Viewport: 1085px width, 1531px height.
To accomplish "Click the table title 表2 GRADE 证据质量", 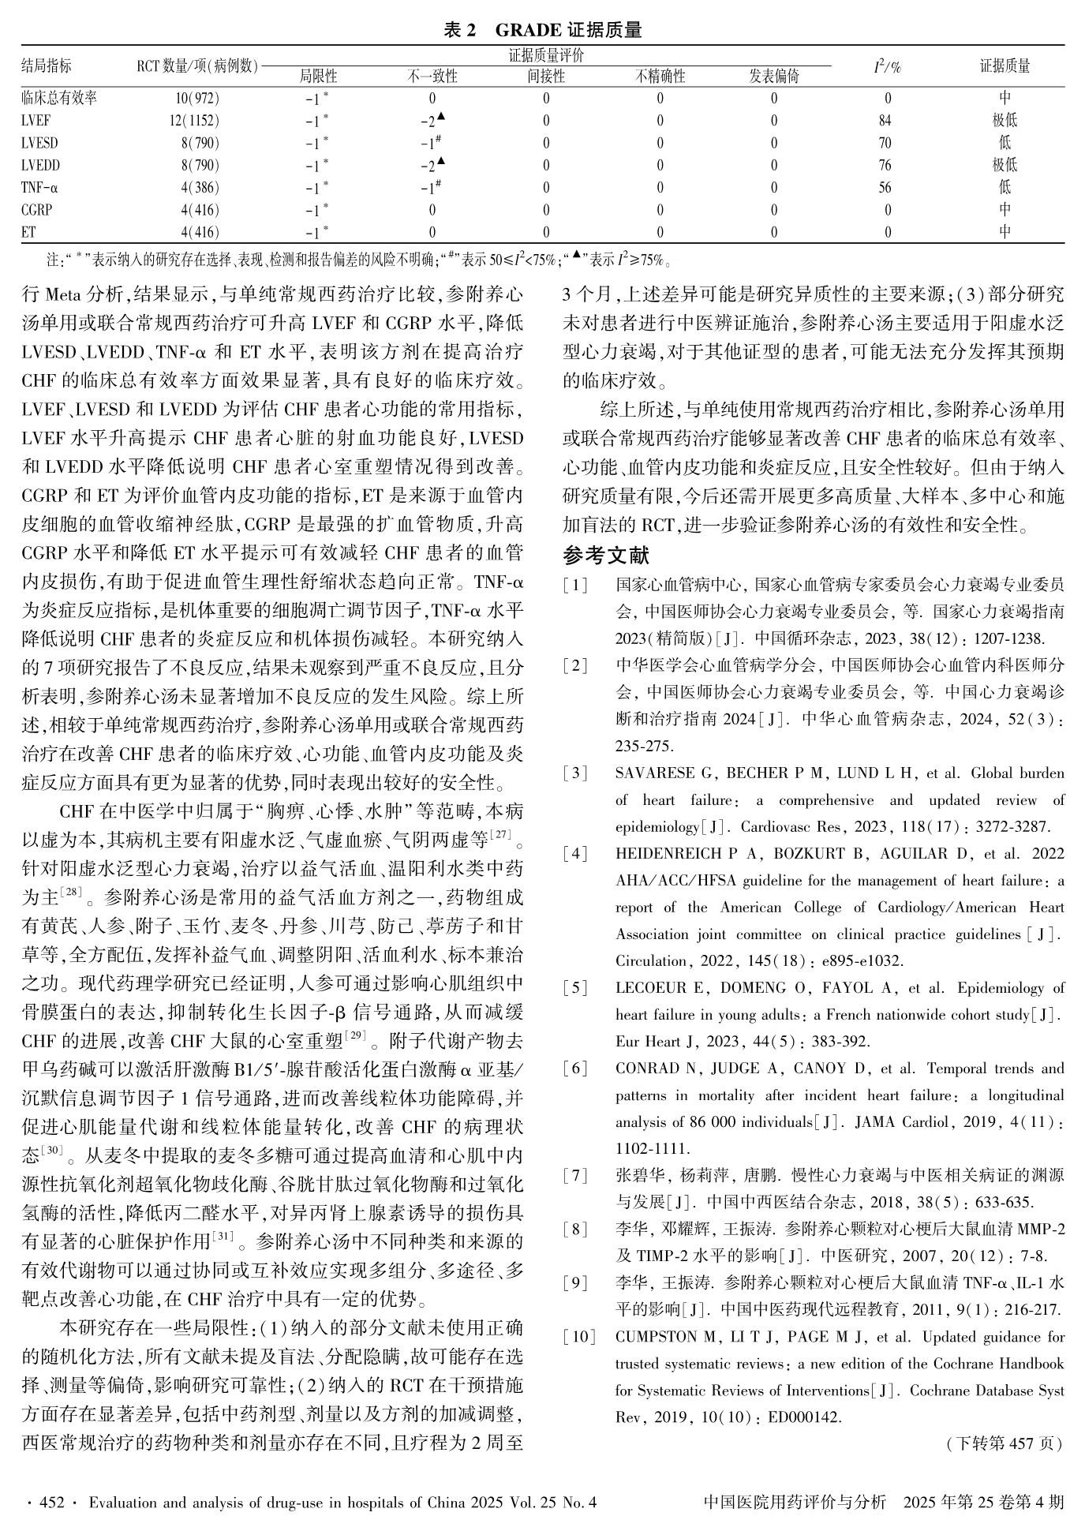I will click(542, 30).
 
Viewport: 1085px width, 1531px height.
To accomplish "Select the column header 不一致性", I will click(432, 77).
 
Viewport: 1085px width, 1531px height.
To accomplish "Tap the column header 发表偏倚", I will click(773, 77).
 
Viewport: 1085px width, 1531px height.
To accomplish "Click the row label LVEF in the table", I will click(37, 121).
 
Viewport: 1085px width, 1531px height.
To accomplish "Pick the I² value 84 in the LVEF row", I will click(885, 121).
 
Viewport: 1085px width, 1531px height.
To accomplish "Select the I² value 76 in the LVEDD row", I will click(885, 166).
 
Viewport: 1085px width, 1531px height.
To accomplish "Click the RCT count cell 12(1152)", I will click(193, 121).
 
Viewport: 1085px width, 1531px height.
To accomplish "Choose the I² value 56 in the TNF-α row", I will click(885, 188).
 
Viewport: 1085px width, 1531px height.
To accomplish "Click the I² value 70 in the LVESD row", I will click(885, 143).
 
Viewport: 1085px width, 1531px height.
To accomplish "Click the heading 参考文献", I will click(606, 556).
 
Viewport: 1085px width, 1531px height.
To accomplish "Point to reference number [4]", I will click(575, 854).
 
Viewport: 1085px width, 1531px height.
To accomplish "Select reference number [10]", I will click(578, 1337).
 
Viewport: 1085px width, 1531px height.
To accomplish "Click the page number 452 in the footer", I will click(51, 1503).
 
